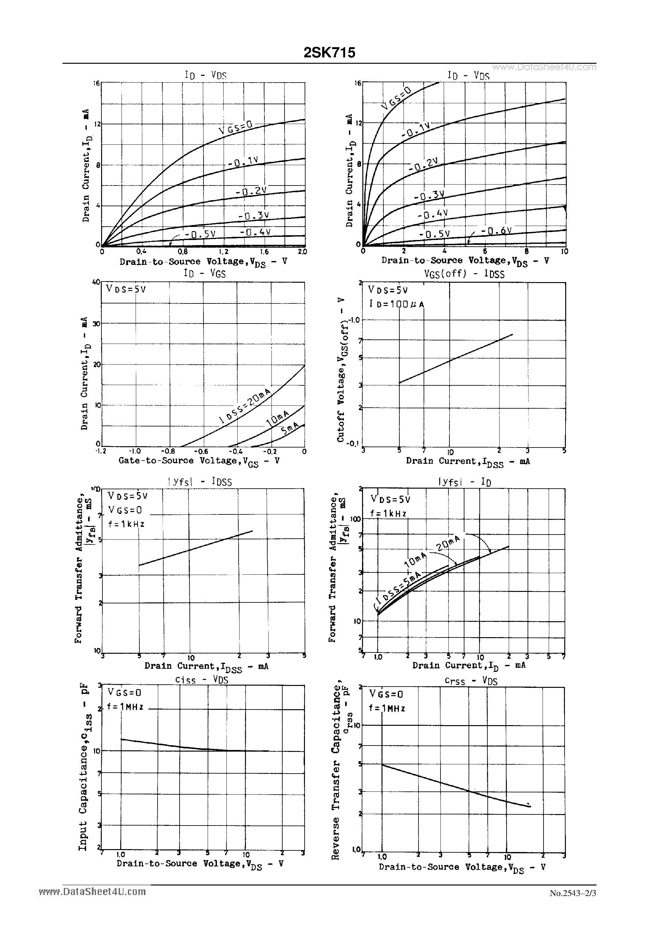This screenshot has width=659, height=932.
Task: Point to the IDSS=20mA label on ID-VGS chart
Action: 245,406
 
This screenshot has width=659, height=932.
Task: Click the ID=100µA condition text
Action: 396,304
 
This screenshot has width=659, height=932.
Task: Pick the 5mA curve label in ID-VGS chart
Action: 290,428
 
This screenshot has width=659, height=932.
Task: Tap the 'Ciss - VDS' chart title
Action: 202,680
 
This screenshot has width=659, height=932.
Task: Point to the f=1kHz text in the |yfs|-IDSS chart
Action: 126,524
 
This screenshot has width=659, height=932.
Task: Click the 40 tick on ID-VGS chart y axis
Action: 96,282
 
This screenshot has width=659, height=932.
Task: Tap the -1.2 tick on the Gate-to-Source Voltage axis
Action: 100,451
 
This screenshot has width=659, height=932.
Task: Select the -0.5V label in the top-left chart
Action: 199,234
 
